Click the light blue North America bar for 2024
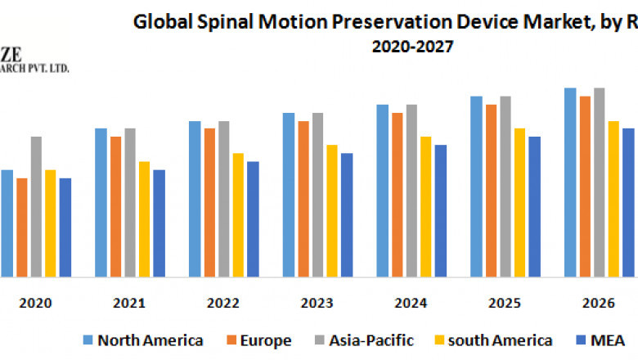pyautogui.click(x=382, y=191)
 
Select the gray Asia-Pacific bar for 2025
pyautogui.click(x=505, y=187)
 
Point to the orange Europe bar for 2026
pyautogui.click(x=585, y=187)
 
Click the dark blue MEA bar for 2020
pyautogui.click(x=65, y=227)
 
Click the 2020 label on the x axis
pyautogui.click(x=35, y=303)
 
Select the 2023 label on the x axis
pyautogui.click(x=317, y=303)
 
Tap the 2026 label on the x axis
pyautogui.click(x=598, y=303)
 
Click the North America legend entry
pyautogui.click(x=142, y=340)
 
